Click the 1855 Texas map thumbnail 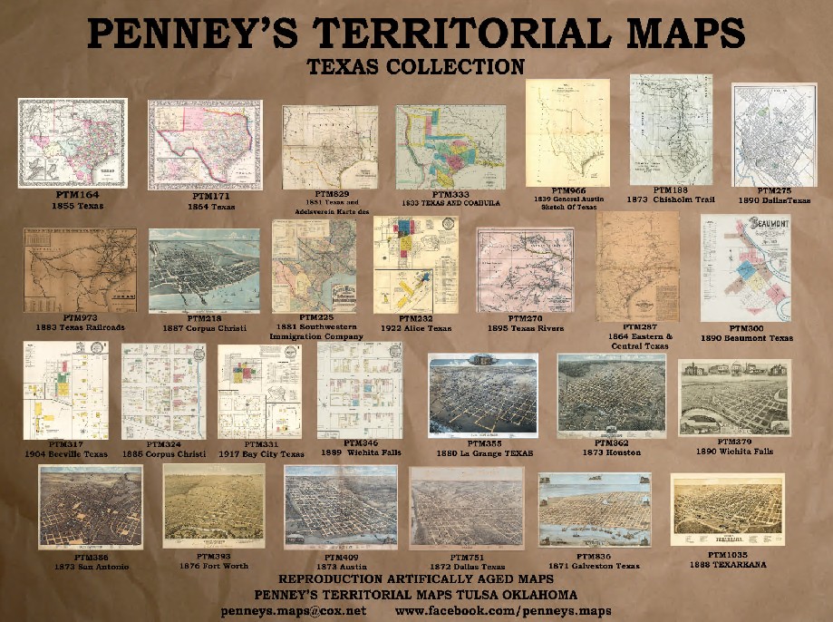tap(73, 142)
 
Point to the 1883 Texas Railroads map tap(80, 269)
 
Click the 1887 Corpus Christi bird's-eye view tap(203, 269)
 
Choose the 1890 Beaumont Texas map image tap(745, 267)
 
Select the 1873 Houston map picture tap(612, 392)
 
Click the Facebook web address tap(503, 610)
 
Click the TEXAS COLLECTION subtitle tap(416, 66)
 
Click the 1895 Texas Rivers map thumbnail tap(526, 269)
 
